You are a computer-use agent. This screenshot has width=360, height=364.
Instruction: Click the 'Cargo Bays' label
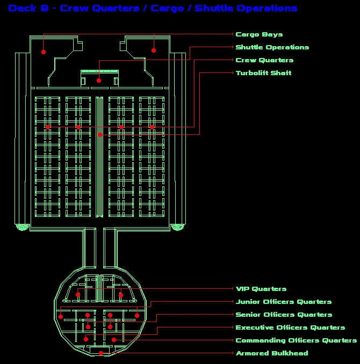pyautogui.click(x=259, y=34)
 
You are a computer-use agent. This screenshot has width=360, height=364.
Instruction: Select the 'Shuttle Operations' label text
pyautogui.click(x=272, y=47)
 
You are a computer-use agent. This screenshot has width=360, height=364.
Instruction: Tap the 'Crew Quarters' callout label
pyautogui.click(x=264, y=60)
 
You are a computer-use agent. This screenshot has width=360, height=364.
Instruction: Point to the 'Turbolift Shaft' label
pyautogui.click(x=263, y=73)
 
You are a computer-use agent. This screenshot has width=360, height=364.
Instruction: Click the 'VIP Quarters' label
pyautogui.click(x=261, y=289)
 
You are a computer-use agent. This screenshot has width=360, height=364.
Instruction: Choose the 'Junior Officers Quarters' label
pyautogui.click(x=284, y=302)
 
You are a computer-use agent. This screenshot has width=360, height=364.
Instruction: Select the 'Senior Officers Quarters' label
pyautogui.click(x=284, y=315)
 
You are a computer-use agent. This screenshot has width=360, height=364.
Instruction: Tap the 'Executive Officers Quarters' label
pyautogui.click(x=290, y=327)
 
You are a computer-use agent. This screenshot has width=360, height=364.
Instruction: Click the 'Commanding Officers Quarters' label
pyautogui.click(x=296, y=340)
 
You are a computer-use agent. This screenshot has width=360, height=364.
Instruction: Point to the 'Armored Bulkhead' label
pyautogui.click(x=272, y=353)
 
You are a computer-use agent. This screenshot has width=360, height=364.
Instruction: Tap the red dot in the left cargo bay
pyautogui.click(x=44, y=52)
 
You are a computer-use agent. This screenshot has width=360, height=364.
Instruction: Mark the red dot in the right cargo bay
pyautogui.click(x=154, y=50)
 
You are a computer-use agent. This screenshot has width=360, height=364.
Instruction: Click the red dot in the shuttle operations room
pyautogui.click(x=99, y=81)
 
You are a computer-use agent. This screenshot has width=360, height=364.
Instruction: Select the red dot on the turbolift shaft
pyautogui.click(x=100, y=135)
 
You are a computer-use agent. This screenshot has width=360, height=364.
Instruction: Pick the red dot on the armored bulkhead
pyautogui.click(x=101, y=353)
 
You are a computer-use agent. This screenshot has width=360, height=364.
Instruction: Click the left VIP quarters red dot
pyautogui.click(x=78, y=295)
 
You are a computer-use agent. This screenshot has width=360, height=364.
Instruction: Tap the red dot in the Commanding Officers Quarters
pyautogui.click(x=114, y=340)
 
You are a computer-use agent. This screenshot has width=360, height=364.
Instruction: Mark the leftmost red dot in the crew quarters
pyautogui.click(x=48, y=127)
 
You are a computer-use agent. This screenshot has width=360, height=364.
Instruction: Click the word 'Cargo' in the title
pyautogui.click(x=167, y=9)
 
